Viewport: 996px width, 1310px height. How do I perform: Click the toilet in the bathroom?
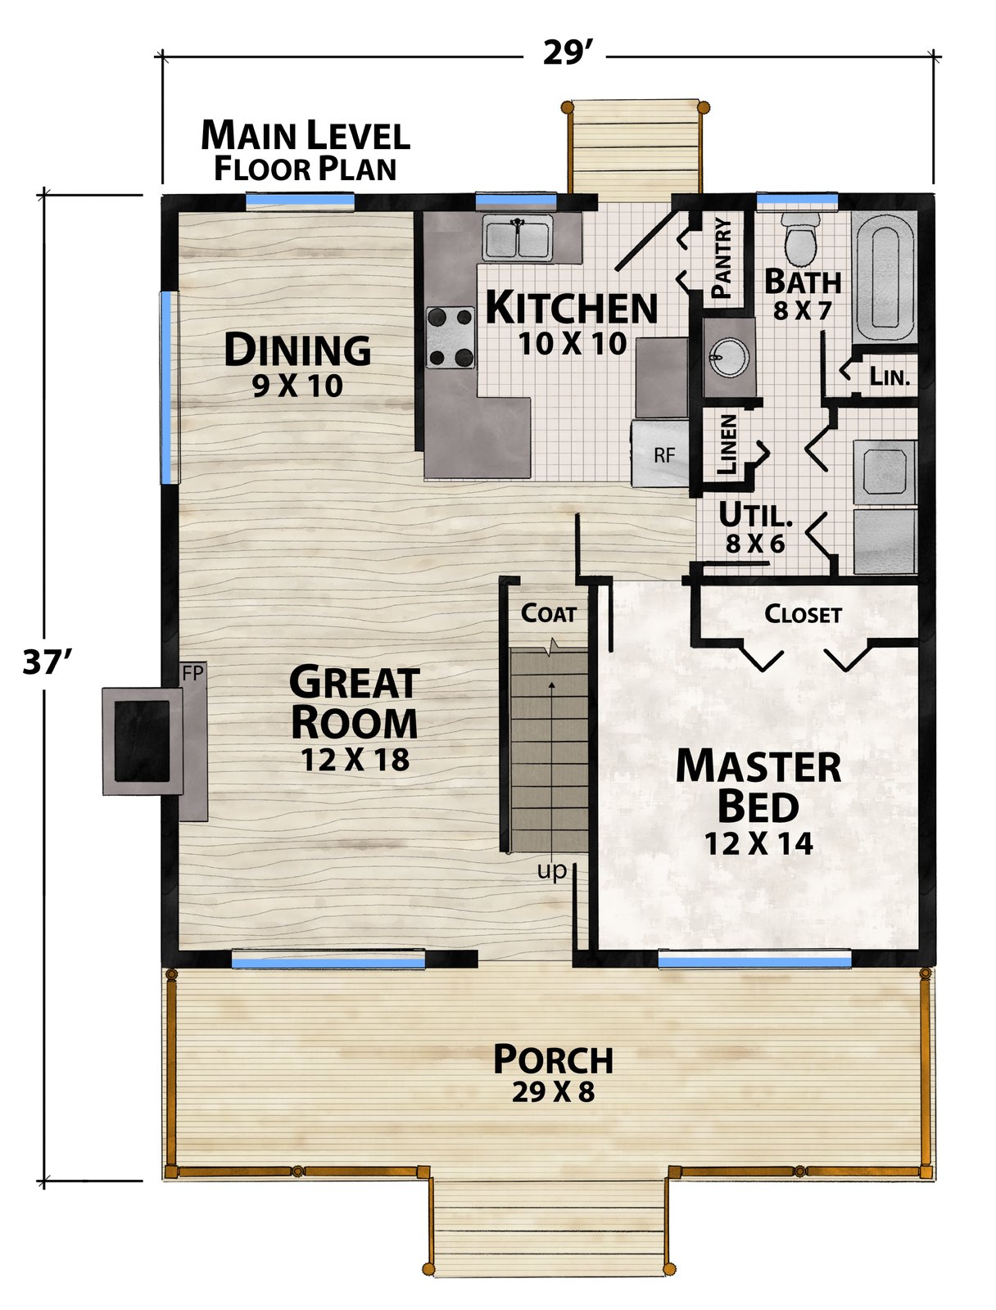800,241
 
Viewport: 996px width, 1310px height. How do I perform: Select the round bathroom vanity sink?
729,358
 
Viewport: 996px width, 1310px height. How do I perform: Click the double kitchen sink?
517,237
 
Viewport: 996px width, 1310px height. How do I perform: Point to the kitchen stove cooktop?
450,337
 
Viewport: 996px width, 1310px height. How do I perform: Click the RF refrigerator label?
664,455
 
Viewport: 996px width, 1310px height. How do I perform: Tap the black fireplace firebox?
142,741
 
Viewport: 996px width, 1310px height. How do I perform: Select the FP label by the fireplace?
192,673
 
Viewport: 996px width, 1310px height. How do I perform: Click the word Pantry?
722,257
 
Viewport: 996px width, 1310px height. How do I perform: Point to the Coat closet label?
549,613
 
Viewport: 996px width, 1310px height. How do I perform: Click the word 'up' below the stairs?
551,871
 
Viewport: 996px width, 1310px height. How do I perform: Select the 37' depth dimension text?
47,662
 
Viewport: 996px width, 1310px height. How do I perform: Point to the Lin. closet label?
890,377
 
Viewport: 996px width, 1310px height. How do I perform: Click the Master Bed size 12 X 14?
758,843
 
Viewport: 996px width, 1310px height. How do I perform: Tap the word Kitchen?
571,307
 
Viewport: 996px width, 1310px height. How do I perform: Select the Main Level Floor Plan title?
306,151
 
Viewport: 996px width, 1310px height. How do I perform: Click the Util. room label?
755,515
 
